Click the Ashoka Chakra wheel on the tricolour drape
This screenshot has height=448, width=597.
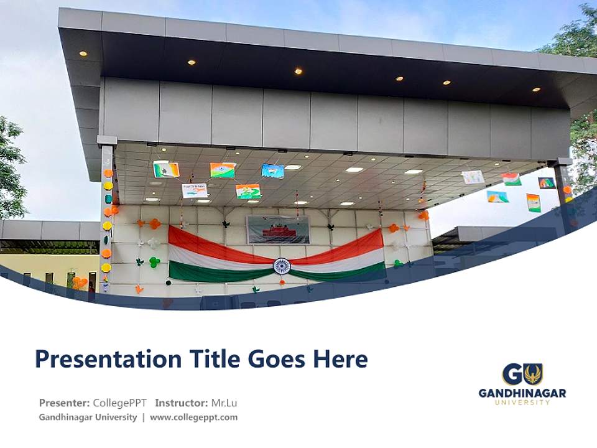(282, 266)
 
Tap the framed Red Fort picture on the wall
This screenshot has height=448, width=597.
(278, 230)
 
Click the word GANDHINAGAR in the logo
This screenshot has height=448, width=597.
(522, 393)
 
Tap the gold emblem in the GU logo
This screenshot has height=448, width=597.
(532, 374)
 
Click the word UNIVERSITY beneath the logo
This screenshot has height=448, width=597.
(522, 403)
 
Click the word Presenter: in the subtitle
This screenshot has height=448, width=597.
(64, 403)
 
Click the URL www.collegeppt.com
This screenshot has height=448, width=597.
(193, 418)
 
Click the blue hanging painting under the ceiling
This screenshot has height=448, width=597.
(272, 170)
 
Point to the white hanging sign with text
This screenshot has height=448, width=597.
(195, 190)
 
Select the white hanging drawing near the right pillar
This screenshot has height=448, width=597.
(473, 177)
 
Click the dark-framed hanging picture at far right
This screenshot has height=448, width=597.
(547, 183)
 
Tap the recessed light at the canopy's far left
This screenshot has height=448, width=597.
(83, 54)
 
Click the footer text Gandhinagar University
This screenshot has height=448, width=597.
(88, 418)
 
